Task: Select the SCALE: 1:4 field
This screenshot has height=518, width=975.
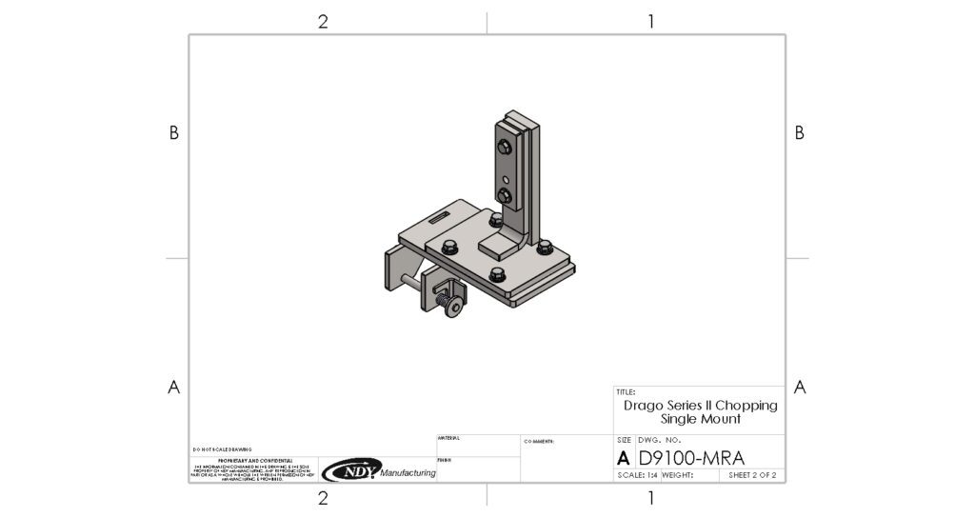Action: pyautogui.click(x=637, y=474)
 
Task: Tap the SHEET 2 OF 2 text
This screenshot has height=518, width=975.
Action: pyautogui.click(x=752, y=474)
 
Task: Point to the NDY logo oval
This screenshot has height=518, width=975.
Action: pyautogui.click(x=351, y=469)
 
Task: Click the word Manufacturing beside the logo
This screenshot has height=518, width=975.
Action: pyautogui.click(x=408, y=473)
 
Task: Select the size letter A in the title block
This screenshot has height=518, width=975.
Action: pyautogui.click(x=624, y=457)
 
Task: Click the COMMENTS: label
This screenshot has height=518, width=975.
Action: pyautogui.click(x=540, y=442)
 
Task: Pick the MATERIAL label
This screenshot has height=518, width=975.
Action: pyautogui.click(x=448, y=438)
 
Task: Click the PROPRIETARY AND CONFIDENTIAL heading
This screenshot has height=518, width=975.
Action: pyautogui.click(x=247, y=459)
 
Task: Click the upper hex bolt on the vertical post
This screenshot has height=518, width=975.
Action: pyautogui.click(x=503, y=146)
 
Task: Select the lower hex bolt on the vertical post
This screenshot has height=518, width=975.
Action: pyautogui.click(x=504, y=197)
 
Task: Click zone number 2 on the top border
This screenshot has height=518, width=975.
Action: pyautogui.click(x=323, y=22)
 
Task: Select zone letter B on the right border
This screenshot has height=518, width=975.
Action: pyautogui.click(x=799, y=133)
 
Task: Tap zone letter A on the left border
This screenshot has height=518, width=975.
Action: pyautogui.click(x=173, y=387)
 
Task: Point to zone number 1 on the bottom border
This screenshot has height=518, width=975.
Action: pyautogui.click(x=650, y=497)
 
